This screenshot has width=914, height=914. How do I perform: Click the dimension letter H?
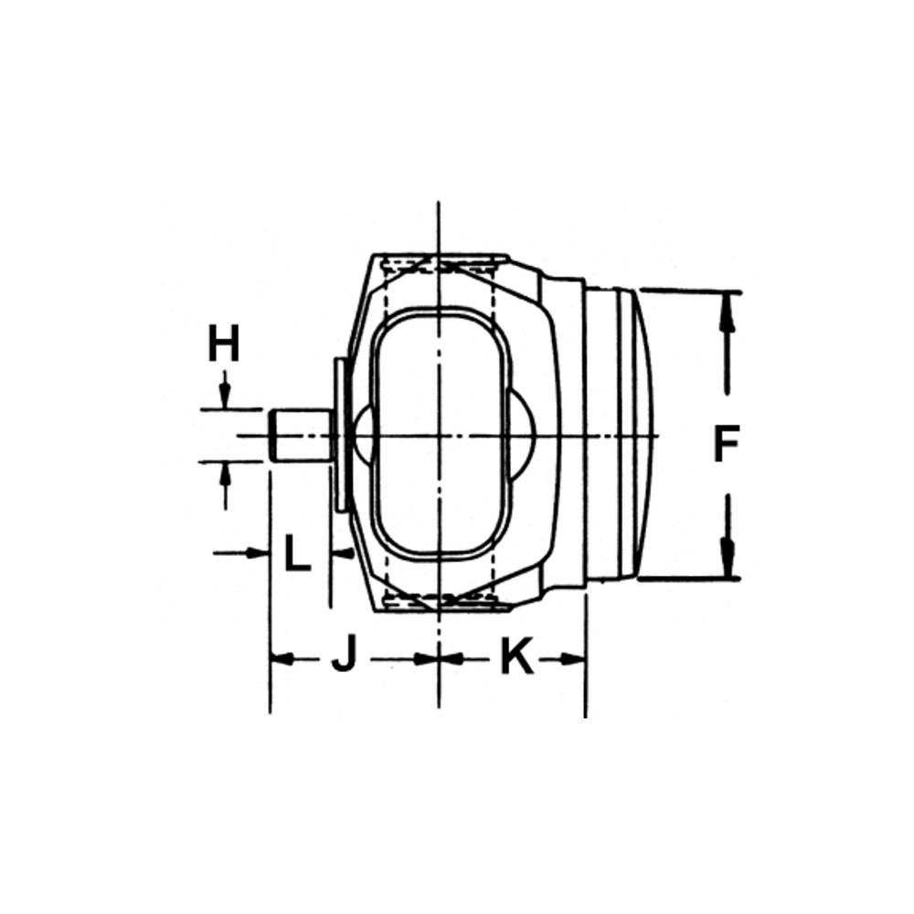click(222, 345)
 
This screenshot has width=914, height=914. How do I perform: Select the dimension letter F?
click(726, 445)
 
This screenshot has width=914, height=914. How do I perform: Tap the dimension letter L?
click(297, 553)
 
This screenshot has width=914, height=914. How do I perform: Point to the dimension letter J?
click(343, 657)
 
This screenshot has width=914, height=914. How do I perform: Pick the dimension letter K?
click(516, 657)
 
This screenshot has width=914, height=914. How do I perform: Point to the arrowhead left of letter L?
click(259, 552)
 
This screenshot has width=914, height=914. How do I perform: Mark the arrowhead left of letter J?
click(282, 658)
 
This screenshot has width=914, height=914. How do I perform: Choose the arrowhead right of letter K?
click(574, 658)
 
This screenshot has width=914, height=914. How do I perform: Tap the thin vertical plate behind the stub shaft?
click(341, 435)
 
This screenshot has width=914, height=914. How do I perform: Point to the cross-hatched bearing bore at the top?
click(441, 265)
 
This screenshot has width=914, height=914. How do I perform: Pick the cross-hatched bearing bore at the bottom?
click(441, 600)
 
